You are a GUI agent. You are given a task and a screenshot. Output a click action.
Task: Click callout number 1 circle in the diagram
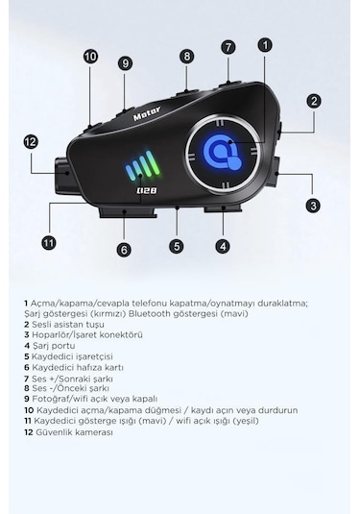coord(265,44)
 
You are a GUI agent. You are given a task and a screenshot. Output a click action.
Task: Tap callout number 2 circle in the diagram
coord(314,100)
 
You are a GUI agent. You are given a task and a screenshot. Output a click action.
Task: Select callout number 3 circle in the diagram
coord(313,205)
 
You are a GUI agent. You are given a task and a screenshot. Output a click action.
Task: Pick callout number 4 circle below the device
coord(223,246)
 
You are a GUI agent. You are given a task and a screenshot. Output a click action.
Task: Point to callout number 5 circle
coord(177,246)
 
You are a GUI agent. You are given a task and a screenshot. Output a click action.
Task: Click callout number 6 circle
coord(124,249)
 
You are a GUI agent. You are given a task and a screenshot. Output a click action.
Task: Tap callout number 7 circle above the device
coord(228,46)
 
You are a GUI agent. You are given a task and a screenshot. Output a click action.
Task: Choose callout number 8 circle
coord(186,56)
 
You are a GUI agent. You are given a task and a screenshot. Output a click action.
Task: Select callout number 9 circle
coord(125,62)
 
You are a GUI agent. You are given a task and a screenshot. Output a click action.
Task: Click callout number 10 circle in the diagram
coord(90,57)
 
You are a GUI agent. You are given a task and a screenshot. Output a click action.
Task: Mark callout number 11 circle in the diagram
coord(49,242)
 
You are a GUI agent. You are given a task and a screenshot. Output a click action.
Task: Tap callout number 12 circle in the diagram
coord(31,141)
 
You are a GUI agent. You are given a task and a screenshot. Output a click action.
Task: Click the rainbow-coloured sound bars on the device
coord(141,170)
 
